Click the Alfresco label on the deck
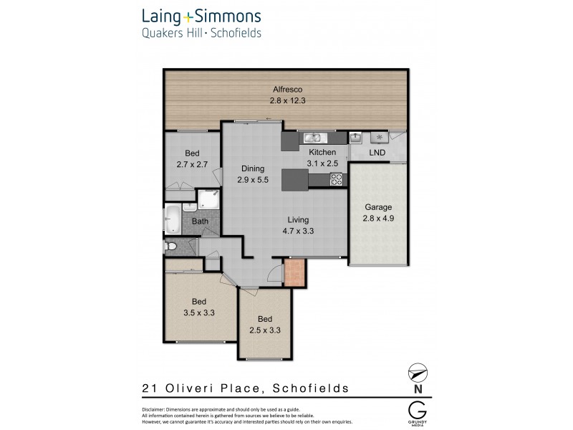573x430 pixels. pos(286,90)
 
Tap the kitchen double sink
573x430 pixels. pos(314,138)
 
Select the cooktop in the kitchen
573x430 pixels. pos(336,180)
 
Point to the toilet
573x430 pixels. pos(170,247)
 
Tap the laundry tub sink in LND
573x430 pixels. pos(356,137)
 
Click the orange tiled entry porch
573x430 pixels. pos(294,273)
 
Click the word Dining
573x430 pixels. pos(253,169)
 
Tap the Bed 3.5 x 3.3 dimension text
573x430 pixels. pos(200,312)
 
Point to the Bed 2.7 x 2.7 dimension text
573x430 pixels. pos(192,164)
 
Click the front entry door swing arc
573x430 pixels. pos(273,271)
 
